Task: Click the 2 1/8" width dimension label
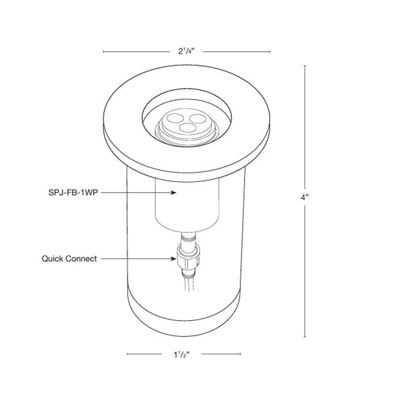186,51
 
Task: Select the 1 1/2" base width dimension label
183,354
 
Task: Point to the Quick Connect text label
69,259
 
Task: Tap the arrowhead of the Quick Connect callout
173,259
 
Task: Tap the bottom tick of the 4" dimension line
306,336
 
